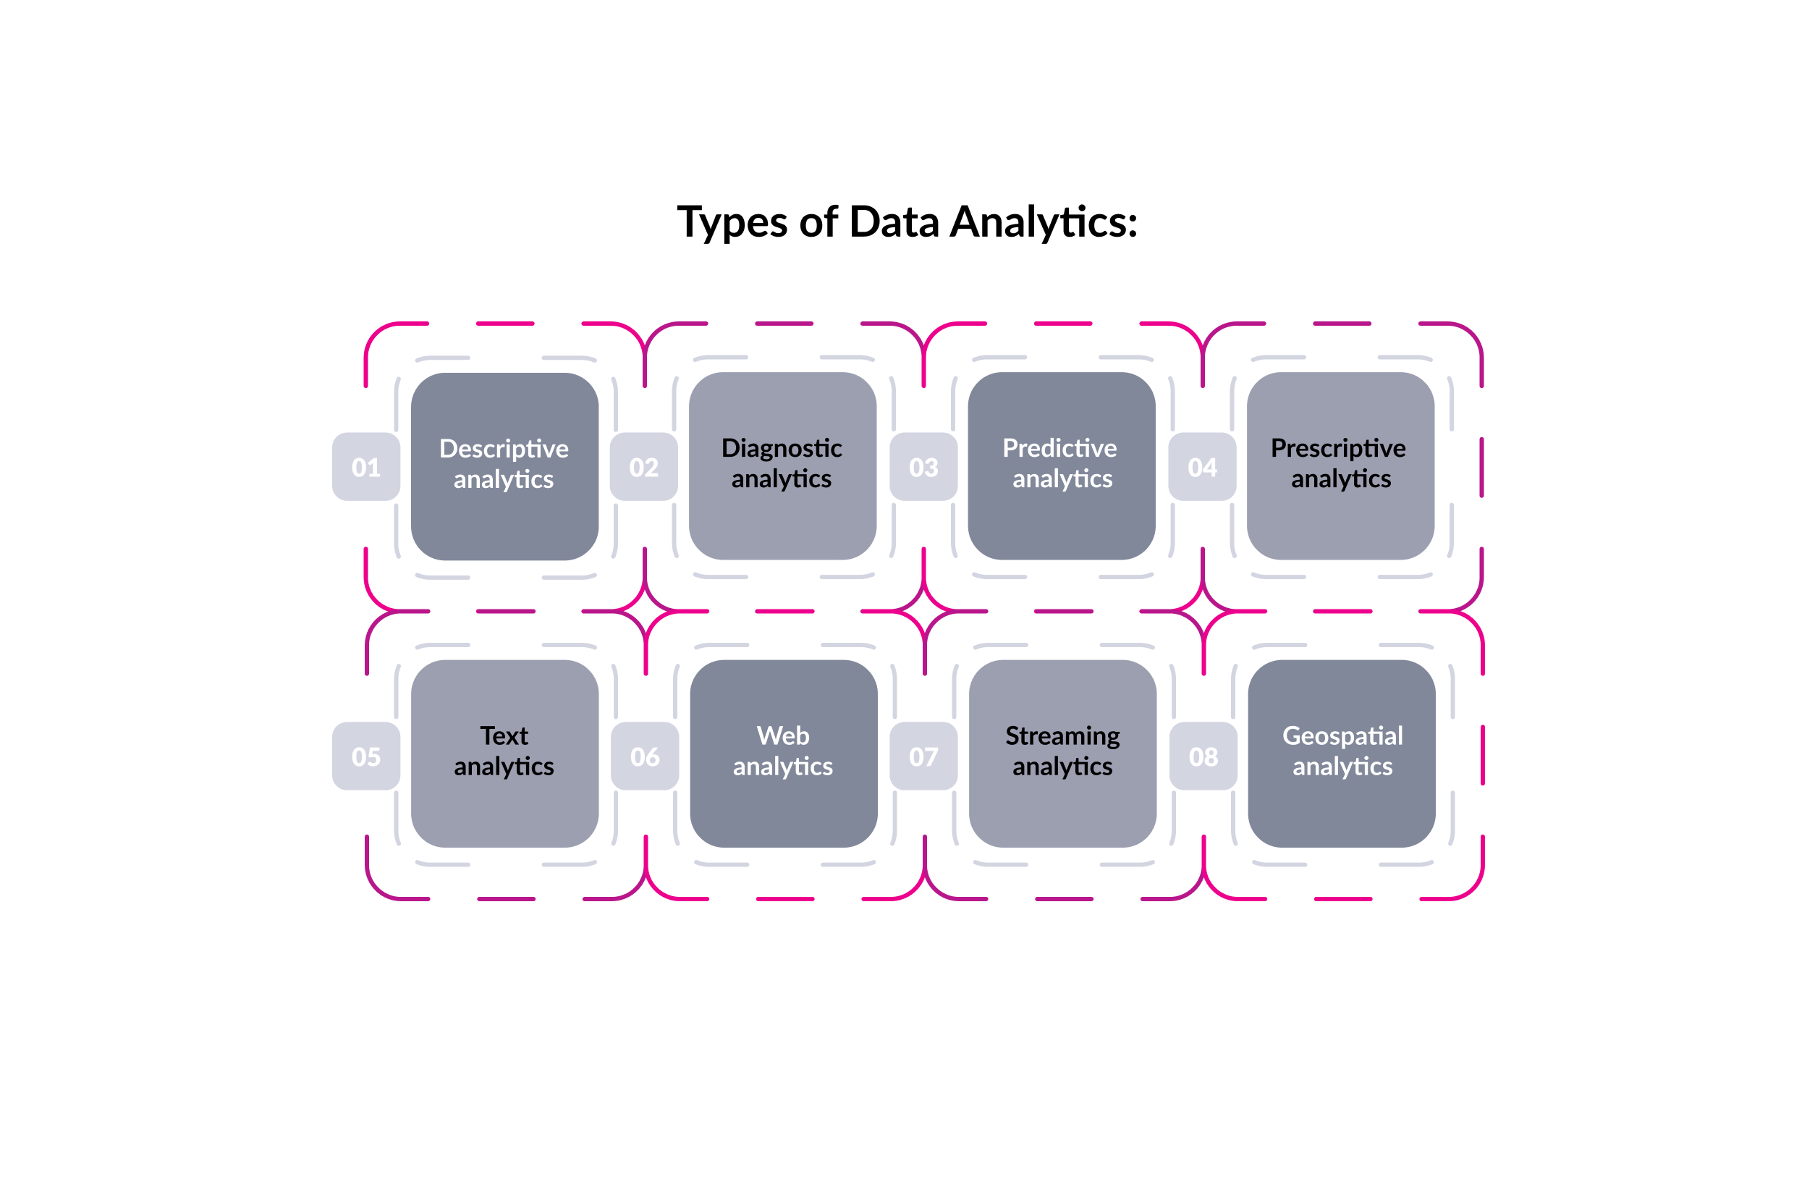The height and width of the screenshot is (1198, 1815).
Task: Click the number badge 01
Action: (366, 467)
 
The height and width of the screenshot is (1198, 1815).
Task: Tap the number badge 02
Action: (643, 467)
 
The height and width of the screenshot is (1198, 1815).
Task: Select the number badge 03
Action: (923, 467)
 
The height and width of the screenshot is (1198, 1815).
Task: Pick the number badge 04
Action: (1201, 467)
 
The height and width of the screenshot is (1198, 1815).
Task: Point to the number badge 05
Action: (366, 756)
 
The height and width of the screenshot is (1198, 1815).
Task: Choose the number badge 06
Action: (645, 756)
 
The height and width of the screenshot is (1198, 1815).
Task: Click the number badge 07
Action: (923, 756)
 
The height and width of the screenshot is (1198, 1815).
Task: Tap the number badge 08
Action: (1203, 756)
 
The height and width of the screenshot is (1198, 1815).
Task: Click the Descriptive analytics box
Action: (504, 466)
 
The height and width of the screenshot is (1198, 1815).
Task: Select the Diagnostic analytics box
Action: (782, 466)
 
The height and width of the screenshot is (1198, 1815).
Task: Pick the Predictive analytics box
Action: (1061, 466)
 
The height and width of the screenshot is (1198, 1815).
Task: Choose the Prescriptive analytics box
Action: (1340, 466)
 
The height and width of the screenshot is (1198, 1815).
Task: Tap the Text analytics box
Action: (504, 754)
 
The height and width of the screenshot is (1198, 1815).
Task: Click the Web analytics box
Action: (783, 754)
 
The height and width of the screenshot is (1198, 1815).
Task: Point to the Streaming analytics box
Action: (1062, 754)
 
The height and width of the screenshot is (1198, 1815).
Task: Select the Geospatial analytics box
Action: (1342, 754)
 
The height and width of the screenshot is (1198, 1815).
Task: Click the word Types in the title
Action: (732, 223)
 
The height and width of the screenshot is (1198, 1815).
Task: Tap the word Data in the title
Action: (894, 222)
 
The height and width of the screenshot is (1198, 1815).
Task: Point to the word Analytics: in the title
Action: (1044, 223)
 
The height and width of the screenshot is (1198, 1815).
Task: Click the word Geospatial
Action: (1342, 735)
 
